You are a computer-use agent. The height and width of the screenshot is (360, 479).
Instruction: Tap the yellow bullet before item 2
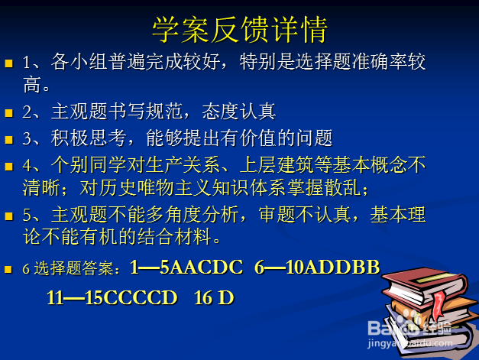pyautogui.click(x=9, y=113)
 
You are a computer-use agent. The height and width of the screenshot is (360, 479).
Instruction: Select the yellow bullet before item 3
pyautogui.click(x=9, y=140)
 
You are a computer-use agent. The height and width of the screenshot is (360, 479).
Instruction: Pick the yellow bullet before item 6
pyautogui.click(x=9, y=270)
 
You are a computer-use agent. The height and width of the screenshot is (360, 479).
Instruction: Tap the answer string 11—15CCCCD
pyautogui.click(x=112, y=297)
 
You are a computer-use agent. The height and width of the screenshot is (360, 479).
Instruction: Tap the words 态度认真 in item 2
pyautogui.click(x=238, y=112)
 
